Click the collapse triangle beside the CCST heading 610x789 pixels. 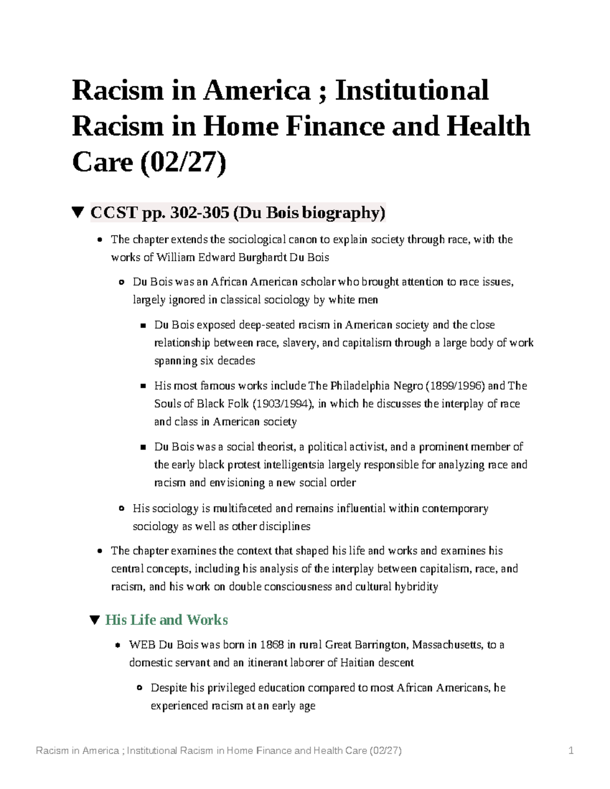click(x=77, y=212)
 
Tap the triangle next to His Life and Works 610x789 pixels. click(x=94, y=620)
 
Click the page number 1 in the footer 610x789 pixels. click(x=571, y=750)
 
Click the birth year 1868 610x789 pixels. click(x=271, y=645)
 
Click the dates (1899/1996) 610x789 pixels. click(x=455, y=386)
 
